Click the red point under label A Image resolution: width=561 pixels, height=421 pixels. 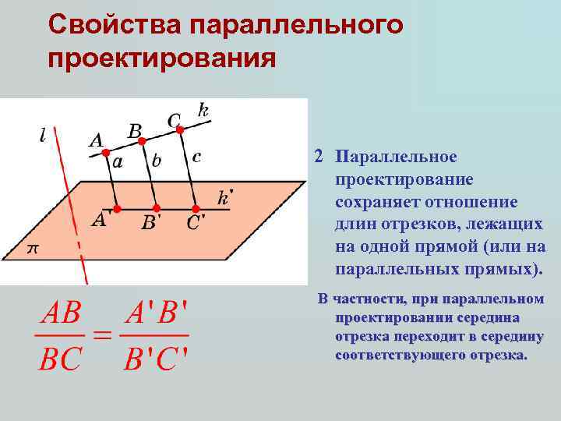pyautogui.click(x=108, y=152)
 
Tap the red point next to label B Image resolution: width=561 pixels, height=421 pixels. pyautogui.click(x=144, y=140)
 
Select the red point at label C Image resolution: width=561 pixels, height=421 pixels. pyautogui.click(x=180, y=129)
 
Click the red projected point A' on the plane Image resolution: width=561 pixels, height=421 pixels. pyautogui.click(x=117, y=209)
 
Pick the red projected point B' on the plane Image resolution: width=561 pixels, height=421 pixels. pyautogui.click(x=156, y=209)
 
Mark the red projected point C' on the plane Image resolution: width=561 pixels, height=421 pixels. pyautogui.click(x=195, y=209)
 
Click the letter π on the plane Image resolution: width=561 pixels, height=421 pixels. pyautogui.click(x=33, y=249)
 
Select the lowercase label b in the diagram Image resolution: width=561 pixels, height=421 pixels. pyautogui.click(x=157, y=161)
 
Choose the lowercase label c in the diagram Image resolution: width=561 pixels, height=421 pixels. pyautogui.click(x=196, y=157)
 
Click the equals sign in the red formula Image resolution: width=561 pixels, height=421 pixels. pyautogui.click(x=102, y=336)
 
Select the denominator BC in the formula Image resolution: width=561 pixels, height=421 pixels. pyautogui.click(x=60, y=359)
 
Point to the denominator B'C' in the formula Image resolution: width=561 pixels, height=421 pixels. pyautogui.click(x=156, y=359)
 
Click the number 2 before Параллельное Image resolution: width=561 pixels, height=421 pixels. pyautogui.click(x=319, y=156)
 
